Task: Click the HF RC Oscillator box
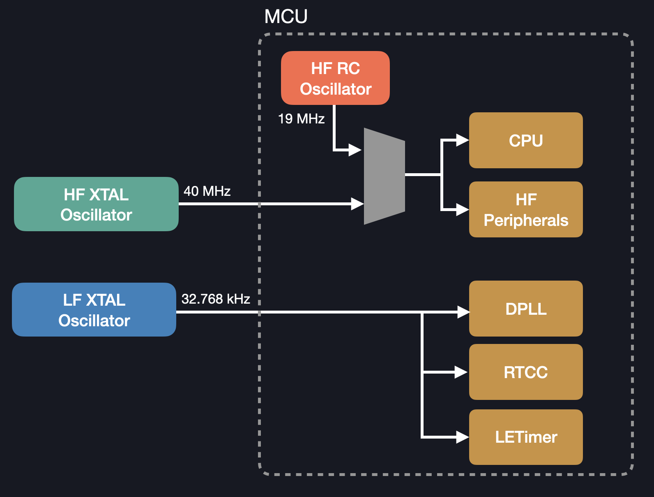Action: pos(335,78)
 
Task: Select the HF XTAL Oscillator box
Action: pos(96,204)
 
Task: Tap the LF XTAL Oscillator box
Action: pos(94,310)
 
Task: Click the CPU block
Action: pos(526,140)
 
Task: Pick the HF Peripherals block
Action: pos(526,209)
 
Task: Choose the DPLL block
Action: pos(526,309)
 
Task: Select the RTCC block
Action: pos(526,372)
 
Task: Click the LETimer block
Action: pos(526,437)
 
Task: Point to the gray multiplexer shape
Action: pos(385,176)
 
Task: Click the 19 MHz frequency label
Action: pos(301,119)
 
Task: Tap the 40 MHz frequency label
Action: pos(207,191)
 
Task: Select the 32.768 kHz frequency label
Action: pos(216,299)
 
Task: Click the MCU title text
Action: pos(286,17)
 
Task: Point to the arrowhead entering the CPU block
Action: pos(463,140)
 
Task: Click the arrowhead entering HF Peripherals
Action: pos(463,209)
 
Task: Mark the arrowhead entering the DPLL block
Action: pos(463,312)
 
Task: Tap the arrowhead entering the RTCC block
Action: pos(462,372)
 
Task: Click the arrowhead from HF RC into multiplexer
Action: pos(355,150)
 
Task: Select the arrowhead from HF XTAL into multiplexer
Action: pos(357,204)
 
